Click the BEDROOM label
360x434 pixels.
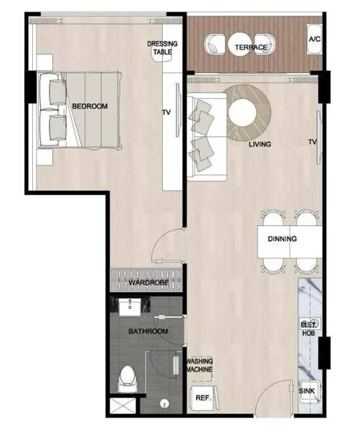point(90,106)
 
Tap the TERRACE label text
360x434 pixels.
point(251,47)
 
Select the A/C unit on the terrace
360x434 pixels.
point(314,39)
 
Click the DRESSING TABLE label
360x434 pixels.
point(162,47)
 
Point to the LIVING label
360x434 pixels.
point(260,144)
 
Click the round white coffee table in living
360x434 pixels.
point(242,113)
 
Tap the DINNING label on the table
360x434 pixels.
point(283,239)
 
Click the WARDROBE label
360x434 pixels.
point(148,283)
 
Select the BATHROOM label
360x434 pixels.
point(148,331)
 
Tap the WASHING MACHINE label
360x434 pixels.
point(199,365)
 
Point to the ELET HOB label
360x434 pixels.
point(308,329)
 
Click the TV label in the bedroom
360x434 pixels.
point(166,112)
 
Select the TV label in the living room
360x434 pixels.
point(313,142)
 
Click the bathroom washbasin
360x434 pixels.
point(130,307)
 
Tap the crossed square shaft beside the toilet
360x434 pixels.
point(123,406)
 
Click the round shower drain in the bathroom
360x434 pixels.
point(164,404)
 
